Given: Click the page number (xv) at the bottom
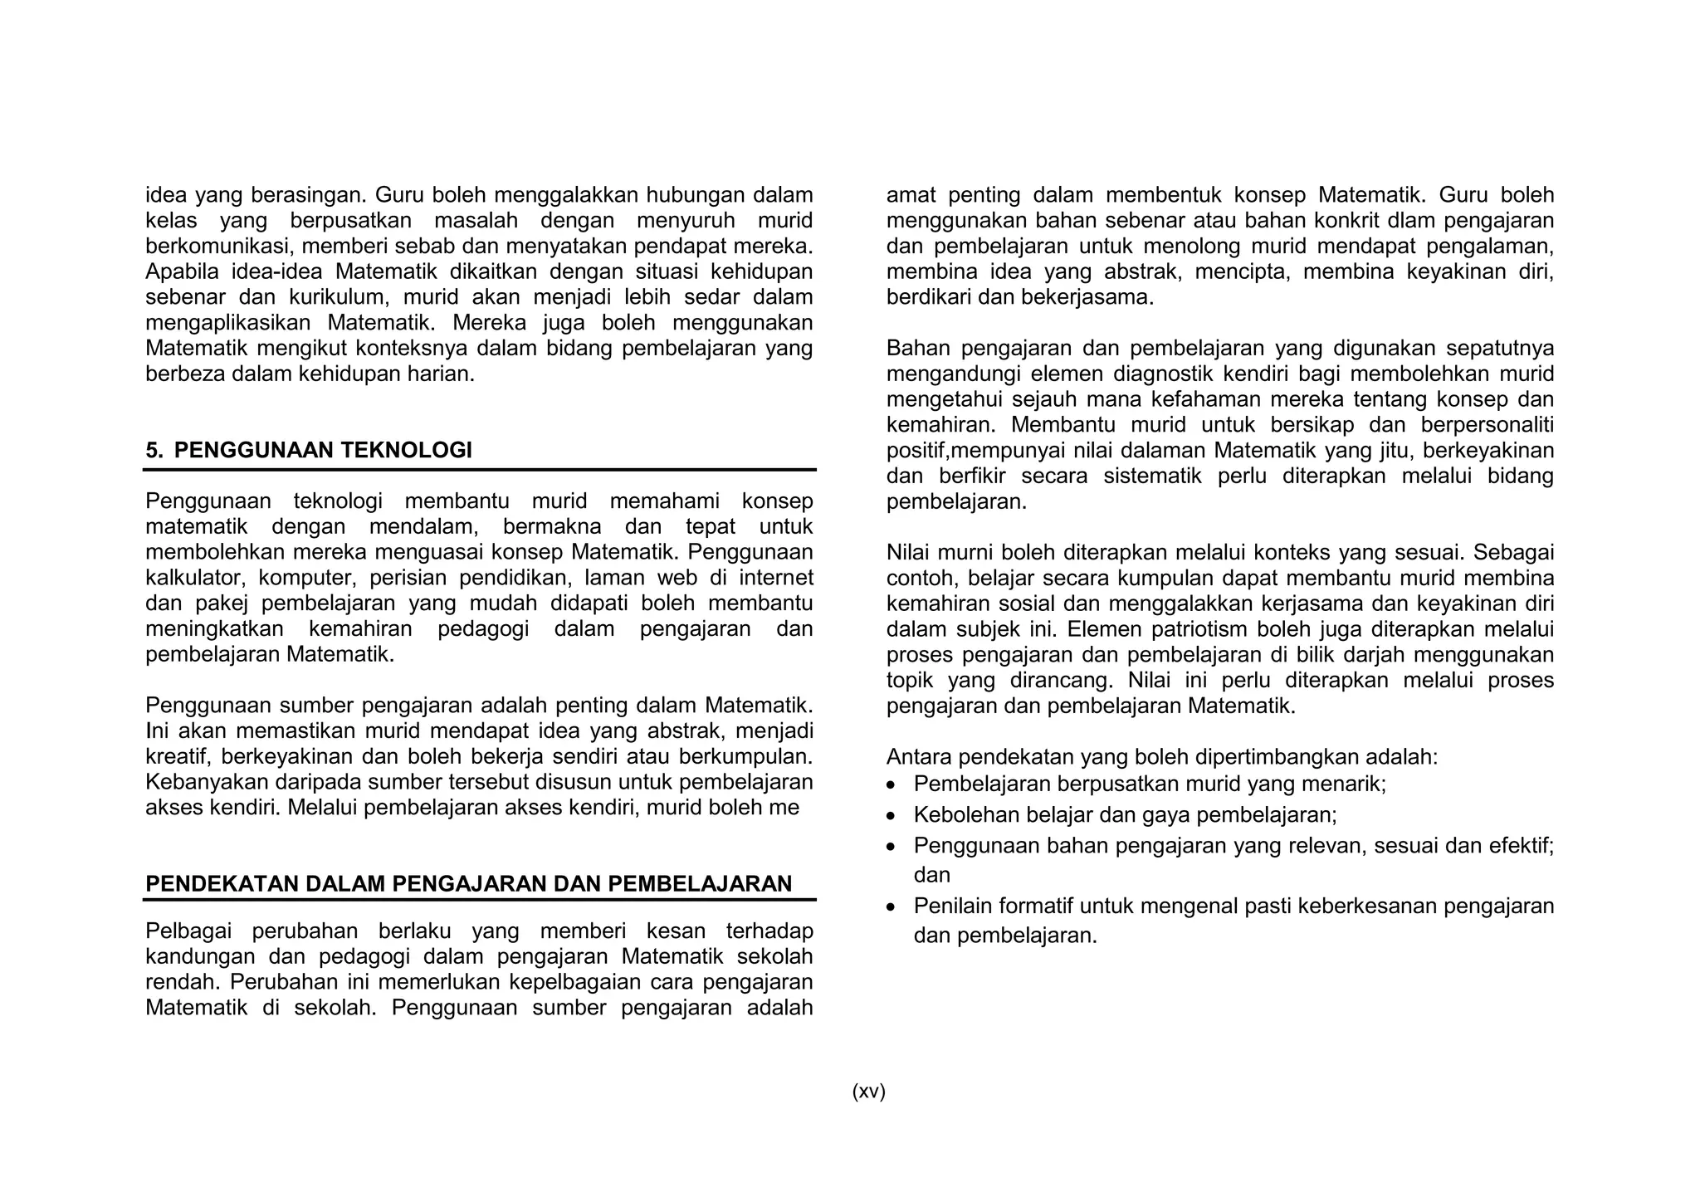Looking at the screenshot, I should click(868, 1092).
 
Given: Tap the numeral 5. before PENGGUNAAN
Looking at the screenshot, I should click(154, 451).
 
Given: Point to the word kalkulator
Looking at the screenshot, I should click(195, 578).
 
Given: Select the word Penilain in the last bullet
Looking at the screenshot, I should click(952, 906).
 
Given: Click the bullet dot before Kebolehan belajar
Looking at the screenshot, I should click(892, 817).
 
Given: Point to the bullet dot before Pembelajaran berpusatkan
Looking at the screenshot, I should click(892, 785).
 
